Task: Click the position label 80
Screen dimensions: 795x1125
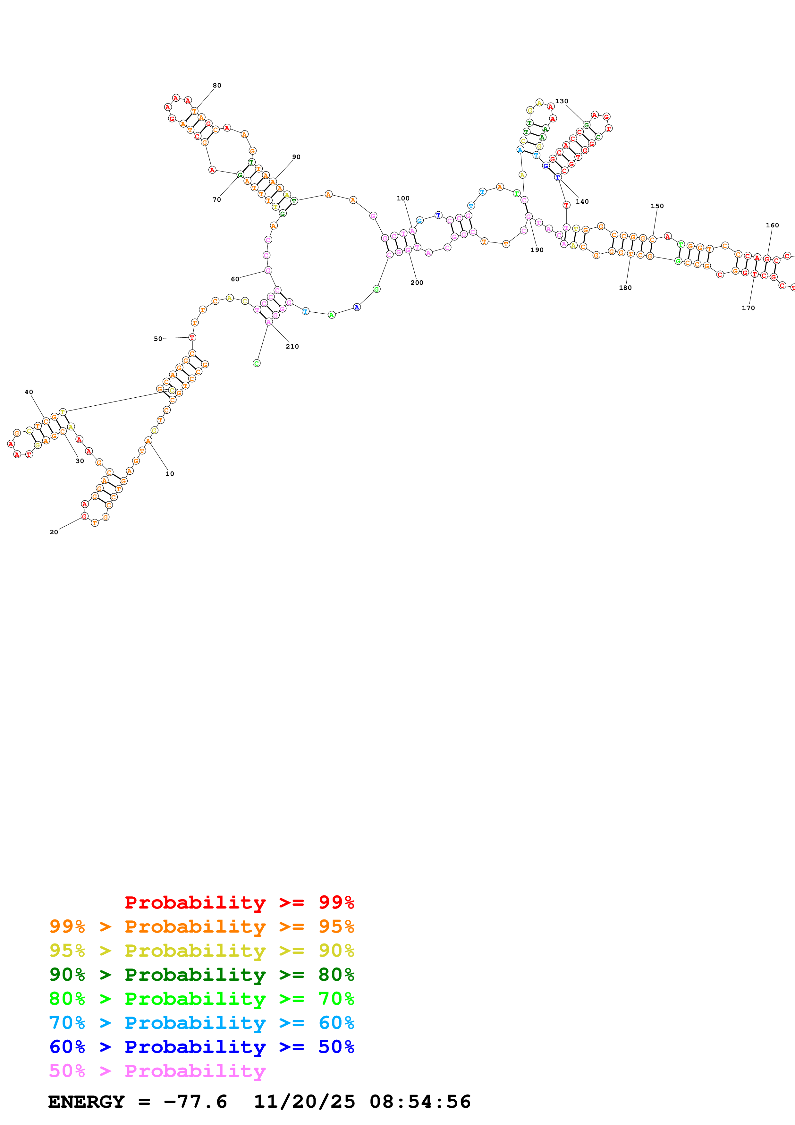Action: (217, 85)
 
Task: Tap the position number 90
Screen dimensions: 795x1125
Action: (296, 157)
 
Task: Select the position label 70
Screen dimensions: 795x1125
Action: (216, 199)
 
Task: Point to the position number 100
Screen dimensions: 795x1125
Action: (403, 198)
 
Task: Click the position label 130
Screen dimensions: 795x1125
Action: (561, 101)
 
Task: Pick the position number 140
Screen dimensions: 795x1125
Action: (582, 201)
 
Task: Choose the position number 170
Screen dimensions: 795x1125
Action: (748, 308)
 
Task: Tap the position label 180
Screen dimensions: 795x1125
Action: (625, 288)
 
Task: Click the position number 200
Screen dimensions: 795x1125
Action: (417, 282)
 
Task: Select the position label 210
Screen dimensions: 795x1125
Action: (292, 346)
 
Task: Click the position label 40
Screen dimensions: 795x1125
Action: (29, 392)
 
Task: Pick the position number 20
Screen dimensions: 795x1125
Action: (54, 532)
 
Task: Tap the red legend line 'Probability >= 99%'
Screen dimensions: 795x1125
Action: (239, 902)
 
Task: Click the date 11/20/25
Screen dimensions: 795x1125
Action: (304, 1102)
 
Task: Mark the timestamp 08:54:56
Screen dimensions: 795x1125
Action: (420, 1102)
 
